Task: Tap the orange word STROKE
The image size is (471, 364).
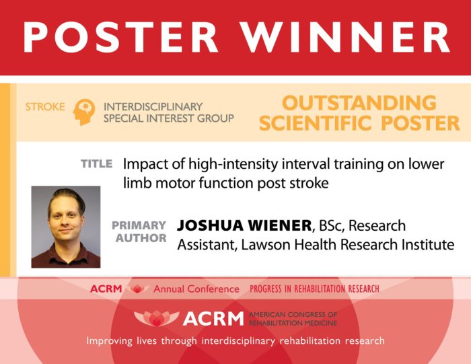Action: pos(46,107)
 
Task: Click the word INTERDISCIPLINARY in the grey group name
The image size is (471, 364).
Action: pos(152,107)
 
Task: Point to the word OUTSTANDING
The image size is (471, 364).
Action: pos(359,103)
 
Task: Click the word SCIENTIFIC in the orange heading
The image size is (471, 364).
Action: pos(321,124)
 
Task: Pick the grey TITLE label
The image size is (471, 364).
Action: pos(96,163)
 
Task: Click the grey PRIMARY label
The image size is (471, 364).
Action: pos(139,225)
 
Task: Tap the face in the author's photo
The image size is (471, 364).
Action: pos(66,219)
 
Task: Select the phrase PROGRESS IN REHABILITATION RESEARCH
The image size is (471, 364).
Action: pos(314,289)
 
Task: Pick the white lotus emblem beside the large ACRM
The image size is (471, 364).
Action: pos(155,317)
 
